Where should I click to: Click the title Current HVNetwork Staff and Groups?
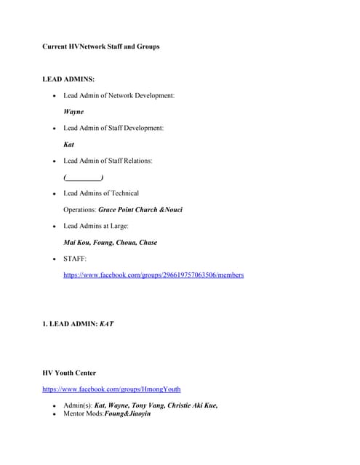[101, 46]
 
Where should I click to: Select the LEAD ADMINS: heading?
[68, 78]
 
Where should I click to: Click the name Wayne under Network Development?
[73, 112]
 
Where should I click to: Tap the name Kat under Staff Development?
[69, 145]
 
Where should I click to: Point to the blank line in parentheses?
[83, 177]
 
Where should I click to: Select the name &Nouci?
[171, 209]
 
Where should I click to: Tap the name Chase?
[148, 243]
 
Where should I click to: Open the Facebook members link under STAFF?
[153, 275]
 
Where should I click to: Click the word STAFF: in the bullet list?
[75, 259]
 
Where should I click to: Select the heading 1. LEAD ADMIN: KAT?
[78, 323]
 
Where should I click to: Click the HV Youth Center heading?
[69, 373]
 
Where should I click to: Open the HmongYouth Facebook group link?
[111, 389]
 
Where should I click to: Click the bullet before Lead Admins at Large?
[55, 227]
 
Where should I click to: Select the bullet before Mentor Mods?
[55, 414]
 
